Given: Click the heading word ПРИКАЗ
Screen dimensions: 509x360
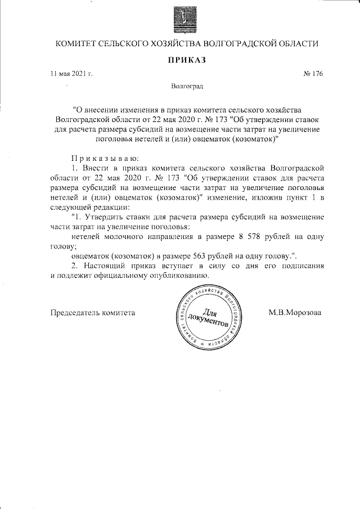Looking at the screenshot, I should coord(186,60).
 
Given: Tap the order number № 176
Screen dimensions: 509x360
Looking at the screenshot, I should coord(313,73).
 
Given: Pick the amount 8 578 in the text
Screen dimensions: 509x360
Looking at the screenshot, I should coord(251,236).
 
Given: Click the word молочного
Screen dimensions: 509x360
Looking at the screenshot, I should coord(124,236).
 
